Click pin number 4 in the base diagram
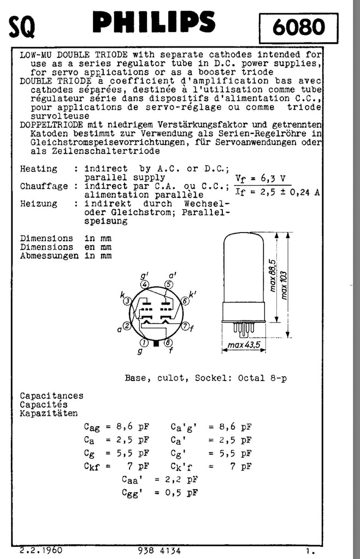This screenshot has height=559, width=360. (144, 284)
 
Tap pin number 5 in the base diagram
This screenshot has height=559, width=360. (169, 284)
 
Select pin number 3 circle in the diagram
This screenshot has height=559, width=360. (127, 301)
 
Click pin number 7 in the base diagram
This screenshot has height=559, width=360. (186, 326)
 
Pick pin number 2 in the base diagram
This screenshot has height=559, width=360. (127, 326)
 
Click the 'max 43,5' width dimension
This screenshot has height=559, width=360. (244, 345)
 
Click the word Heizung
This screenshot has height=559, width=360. (38, 204)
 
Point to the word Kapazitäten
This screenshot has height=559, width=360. (49, 413)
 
